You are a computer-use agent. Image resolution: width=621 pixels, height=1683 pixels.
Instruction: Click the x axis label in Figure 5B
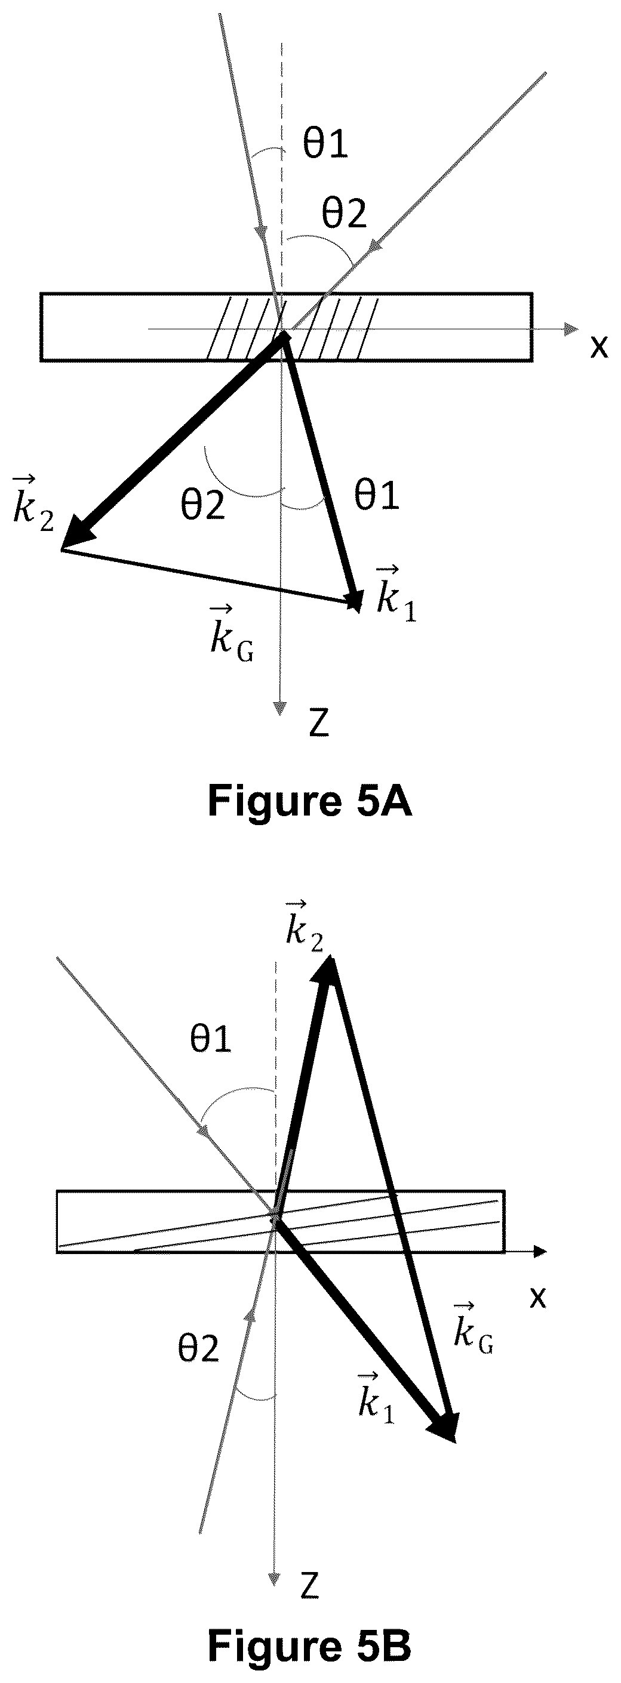point(537,1298)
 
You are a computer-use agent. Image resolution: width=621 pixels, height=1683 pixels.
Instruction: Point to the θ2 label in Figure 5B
point(198,1349)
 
